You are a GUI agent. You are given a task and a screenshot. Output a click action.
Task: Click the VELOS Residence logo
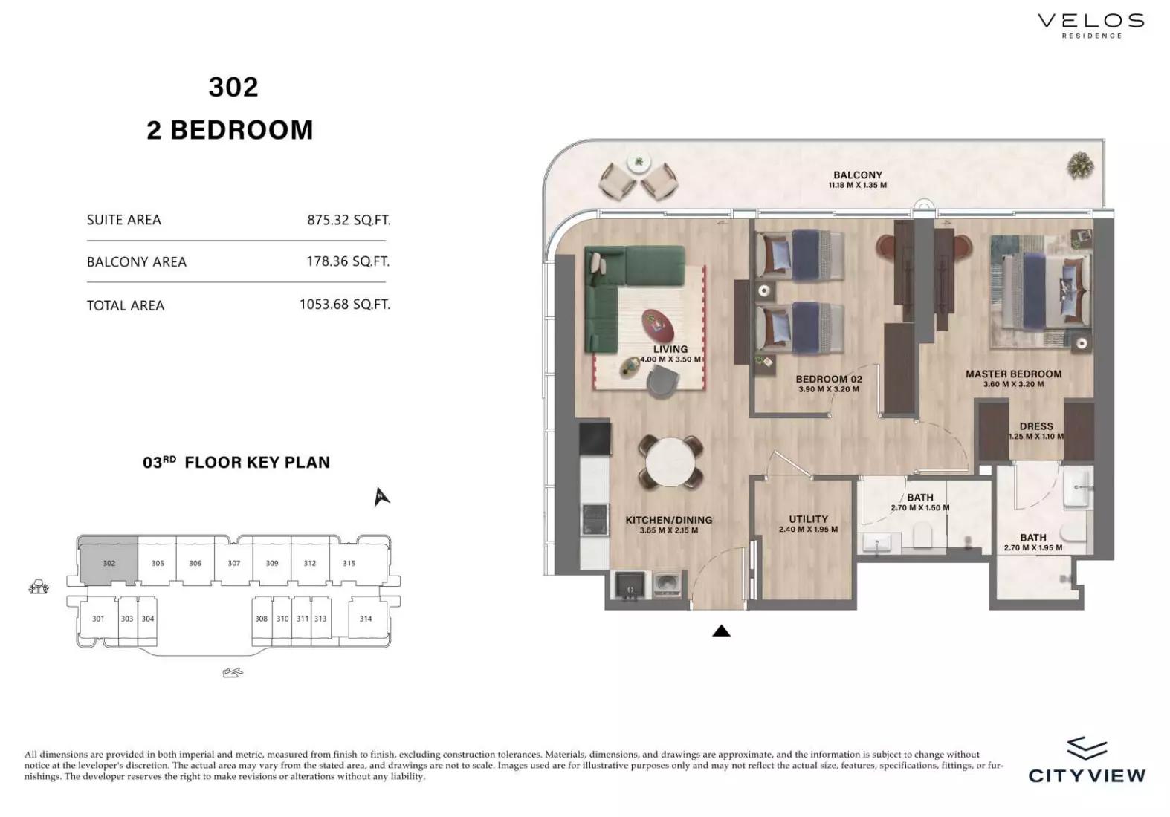pos(1091,25)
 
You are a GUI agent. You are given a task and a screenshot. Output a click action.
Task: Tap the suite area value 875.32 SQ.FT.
pos(349,220)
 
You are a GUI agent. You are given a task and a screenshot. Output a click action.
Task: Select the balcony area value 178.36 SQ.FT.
pos(349,261)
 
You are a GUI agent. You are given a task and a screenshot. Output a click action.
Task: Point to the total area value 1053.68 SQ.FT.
pos(345,305)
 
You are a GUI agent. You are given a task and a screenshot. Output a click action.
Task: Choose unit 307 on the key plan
pos(234,563)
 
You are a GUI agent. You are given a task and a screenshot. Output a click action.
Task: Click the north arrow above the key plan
pos(381,496)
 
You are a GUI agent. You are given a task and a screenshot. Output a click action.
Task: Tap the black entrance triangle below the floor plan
pos(721,631)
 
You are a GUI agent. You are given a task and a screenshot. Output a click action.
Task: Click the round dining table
pos(670,463)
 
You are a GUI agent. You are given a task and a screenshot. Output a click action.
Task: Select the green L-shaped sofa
pos(627,293)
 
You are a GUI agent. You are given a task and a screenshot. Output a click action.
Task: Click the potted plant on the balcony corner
pos(1080,166)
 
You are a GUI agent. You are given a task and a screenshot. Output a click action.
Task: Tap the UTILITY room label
pos(808,519)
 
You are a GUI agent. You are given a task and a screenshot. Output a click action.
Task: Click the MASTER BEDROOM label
pos(1013,374)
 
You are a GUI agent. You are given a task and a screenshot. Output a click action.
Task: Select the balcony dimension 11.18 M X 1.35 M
pos(857,185)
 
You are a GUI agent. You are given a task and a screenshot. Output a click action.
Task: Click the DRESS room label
pos(1036,426)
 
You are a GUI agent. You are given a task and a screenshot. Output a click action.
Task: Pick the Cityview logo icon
pos(1087,748)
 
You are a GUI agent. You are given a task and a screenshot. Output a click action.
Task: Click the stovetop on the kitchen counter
pos(595,518)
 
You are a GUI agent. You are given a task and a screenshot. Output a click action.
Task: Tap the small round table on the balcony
pos(639,163)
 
